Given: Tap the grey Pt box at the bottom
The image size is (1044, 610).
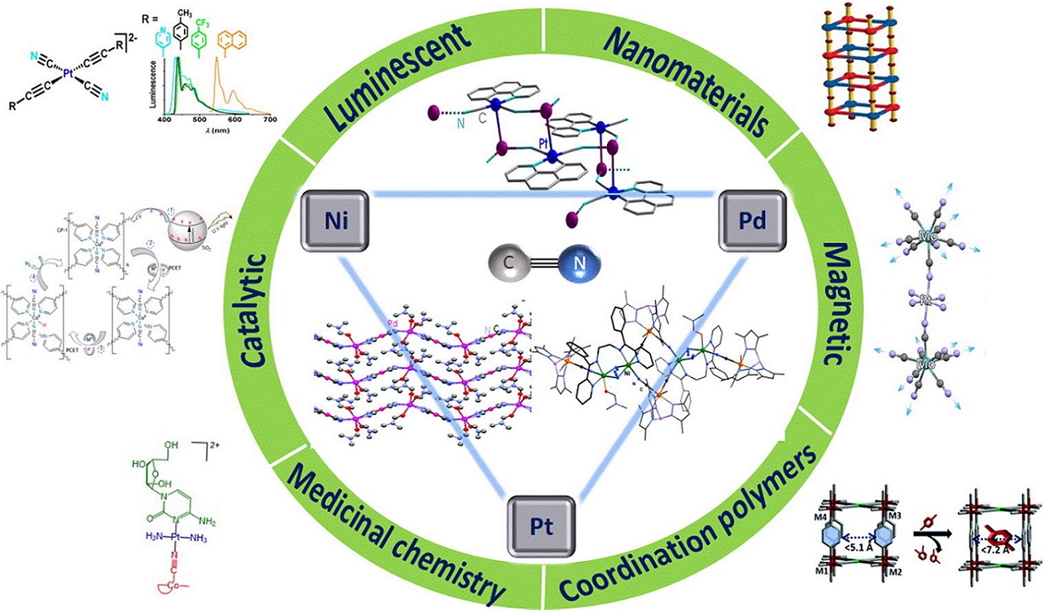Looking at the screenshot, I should [x=542, y=523].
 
